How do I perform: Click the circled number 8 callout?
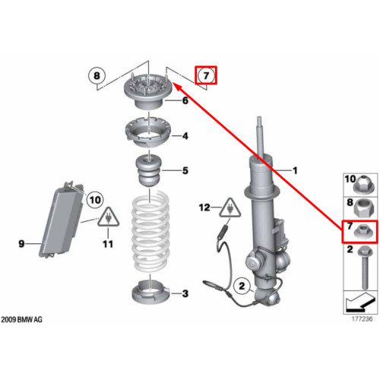coord(97,75)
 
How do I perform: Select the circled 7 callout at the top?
coord(206,75)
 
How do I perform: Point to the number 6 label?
coord(185,100)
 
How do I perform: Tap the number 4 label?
coord(185,136)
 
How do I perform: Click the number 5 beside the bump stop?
coord(185,170)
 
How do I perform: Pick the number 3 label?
coord(185,293)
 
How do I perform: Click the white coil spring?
coord(150,230)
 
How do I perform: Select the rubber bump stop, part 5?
coord(150,171)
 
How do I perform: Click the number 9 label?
coord(21,244)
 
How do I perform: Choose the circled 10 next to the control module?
coord(95,200)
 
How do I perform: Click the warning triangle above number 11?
coord(109,217)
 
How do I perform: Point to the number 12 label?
coord(204,207)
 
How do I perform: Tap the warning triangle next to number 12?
coord(230,208)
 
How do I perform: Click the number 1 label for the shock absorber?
coord(295,170)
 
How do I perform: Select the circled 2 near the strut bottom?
coord(242,286)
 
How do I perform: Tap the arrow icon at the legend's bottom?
coord(360,302)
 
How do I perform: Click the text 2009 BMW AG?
coord(21,319)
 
